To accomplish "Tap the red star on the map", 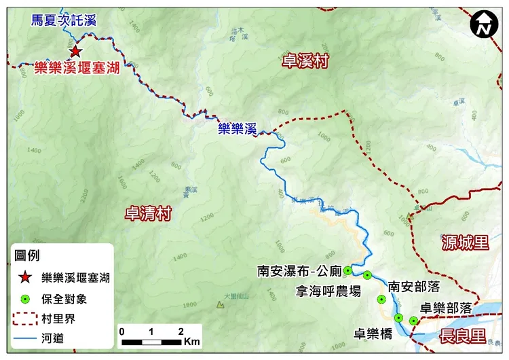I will pos(75,51).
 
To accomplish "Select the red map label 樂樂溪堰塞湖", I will pos(73,68).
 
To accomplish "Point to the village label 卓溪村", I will pos(305,62).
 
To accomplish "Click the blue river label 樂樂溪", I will pos(236,128).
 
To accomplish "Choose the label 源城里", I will pos(465,242).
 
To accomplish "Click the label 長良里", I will pos(464,336).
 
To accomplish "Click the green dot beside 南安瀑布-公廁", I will pos(347,270).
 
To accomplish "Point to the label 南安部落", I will pos(413,287).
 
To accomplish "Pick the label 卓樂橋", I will pos(373,334).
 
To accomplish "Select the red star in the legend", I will pos(25,277).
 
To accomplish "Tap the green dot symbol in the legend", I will pos(25,298).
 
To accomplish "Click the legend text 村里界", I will pos(58,318).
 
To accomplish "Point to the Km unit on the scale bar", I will pos(191,339).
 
